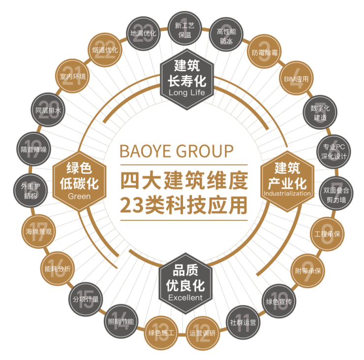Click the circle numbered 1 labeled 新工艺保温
coord(184,29)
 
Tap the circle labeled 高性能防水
coord(226,34)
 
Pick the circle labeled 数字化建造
coord(320,112)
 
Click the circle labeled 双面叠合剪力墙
coord(336,193)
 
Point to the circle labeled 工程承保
coord(327,234)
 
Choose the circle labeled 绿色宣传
coord(279,301)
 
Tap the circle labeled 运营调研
coord(203,333)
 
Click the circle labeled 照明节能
coord(121,321)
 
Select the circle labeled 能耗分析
coord(58,269)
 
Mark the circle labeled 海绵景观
coord(39,231)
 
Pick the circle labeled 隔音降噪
coord(33,149)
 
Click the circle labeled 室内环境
coord(72,76)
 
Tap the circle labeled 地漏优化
coord(143,33)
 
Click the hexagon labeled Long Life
coord(187,79)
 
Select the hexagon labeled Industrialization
coord(287,181)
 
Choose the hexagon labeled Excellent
coord(185,284)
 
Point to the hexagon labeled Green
coord(79,181)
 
